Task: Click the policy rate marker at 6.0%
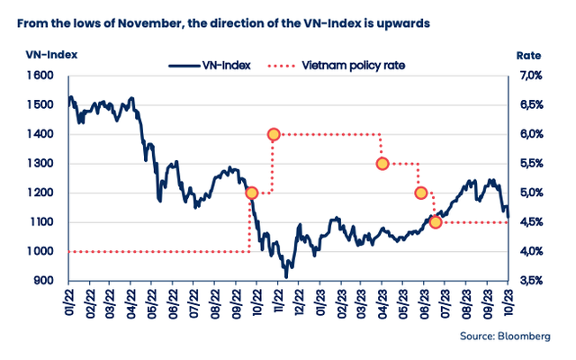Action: tap(274, 134)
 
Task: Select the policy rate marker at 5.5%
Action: tap(382, 163)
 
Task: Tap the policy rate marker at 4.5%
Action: tap(436, 221)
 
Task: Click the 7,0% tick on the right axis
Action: tap(529, 76)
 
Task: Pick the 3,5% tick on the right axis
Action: tap(529, 281)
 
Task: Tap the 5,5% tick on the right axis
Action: tap(529, 163)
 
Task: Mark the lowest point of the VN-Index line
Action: tap(286, 277)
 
